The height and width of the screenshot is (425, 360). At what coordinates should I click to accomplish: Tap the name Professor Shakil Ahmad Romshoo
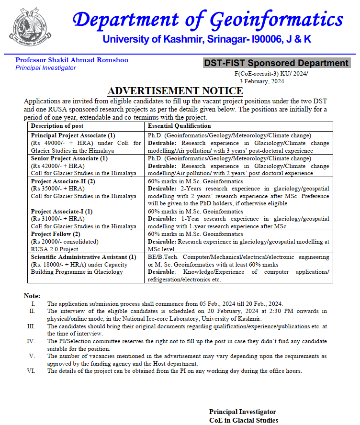[72, 60]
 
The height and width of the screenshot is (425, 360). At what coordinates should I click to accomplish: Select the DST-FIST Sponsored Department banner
[276, 63]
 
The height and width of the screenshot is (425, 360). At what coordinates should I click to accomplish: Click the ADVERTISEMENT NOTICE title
[175, 91]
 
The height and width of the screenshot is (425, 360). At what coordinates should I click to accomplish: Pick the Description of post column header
[57, 126]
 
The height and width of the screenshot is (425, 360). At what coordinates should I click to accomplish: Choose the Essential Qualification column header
[179, 126]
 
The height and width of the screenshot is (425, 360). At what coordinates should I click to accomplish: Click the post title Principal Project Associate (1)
[73, 135]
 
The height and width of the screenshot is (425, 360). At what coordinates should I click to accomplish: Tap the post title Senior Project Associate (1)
[69, 158]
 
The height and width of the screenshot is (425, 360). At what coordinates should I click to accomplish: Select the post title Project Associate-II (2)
[63, 181]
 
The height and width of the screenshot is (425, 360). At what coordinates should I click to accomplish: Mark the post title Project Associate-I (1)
[62, 211]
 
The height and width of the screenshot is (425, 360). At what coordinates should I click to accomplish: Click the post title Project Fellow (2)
[56, 234]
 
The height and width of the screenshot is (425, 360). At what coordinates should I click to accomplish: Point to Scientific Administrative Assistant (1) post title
[83, 257]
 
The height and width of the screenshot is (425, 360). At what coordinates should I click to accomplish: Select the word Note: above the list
[32, 296]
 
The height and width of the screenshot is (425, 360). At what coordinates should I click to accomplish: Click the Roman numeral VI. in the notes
[32, 371]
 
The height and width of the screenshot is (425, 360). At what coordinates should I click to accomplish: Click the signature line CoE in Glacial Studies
[243, 420]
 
